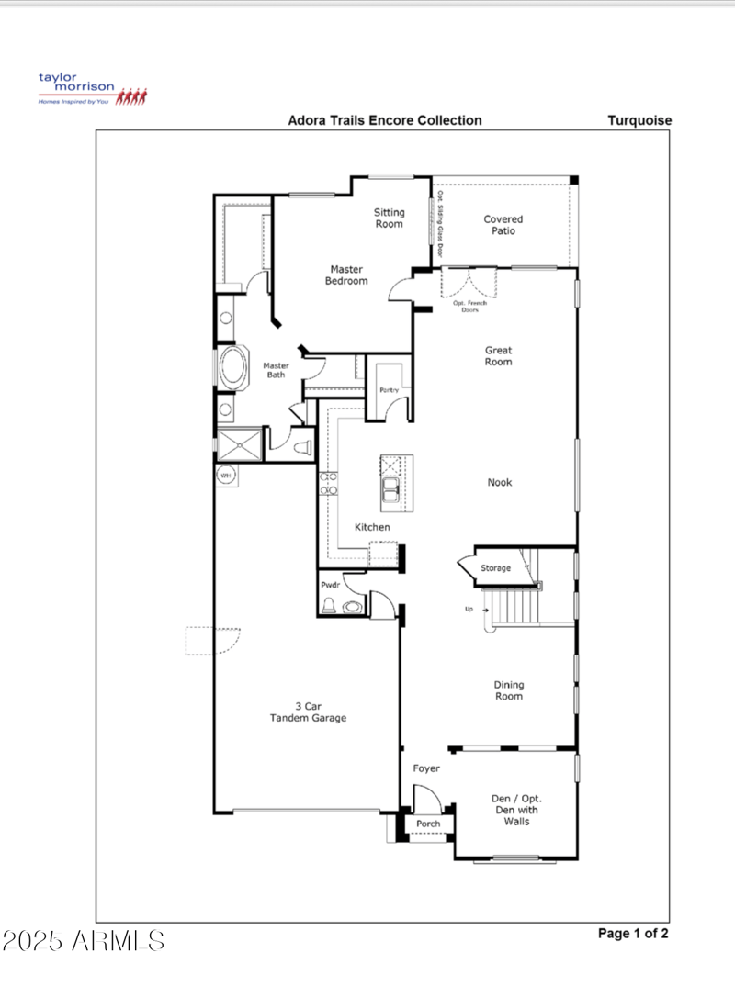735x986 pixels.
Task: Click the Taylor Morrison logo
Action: click(91, 89)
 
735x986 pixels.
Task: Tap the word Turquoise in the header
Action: click(639, 120)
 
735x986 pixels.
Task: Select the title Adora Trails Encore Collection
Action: click(384, 120)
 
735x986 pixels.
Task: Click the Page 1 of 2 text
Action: click(633, 934)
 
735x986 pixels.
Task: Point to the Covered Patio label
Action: click(503, 225)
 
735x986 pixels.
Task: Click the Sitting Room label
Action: click(389, 218)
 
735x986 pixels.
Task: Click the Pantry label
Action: click(388, 391)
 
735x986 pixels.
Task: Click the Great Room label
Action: click(499, 355)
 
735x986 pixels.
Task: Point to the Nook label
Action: click(500, 483)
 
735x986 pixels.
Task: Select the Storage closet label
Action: click(495, 569)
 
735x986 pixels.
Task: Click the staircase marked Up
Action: click(514, 606)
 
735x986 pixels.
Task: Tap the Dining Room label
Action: click(508, 690)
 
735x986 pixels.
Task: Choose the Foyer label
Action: click(425, 768)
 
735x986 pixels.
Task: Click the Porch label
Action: click(428, 824)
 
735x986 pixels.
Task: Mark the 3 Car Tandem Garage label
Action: click(307, 712)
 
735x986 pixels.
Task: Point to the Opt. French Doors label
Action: click(469, 306)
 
